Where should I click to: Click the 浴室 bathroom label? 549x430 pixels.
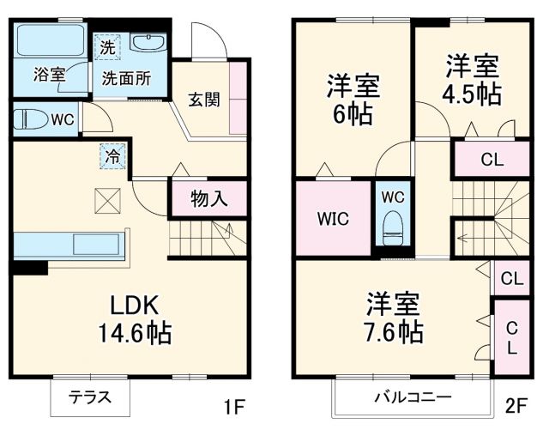49,74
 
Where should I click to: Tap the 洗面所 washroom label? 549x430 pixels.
127,77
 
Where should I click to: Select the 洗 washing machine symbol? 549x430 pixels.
107,47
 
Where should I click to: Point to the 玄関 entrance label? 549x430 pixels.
204,99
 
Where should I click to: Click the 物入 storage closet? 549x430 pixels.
209,199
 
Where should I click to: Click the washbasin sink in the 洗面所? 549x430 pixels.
151,44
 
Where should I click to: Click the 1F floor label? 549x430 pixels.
235,405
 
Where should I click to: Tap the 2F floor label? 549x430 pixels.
516,405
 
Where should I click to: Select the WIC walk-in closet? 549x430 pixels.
334,218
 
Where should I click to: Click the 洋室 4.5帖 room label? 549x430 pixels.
472,80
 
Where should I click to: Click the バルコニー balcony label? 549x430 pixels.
412,397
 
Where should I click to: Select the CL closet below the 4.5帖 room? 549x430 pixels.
492,159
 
